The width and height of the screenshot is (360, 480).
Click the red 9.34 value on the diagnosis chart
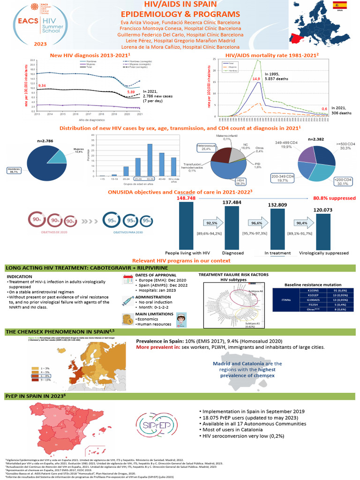click(x=42, y=86)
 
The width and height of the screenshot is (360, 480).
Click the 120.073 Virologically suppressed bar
click(x=323, y=231)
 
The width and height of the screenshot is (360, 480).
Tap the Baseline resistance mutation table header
click(x=312, y=284)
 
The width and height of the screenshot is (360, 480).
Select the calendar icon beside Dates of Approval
click(x=127, y=280)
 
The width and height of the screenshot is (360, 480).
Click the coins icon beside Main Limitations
click(x=127, y=318)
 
